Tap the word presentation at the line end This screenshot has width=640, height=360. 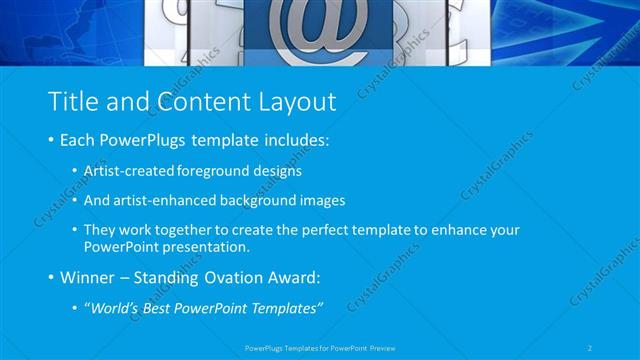coord(206,247)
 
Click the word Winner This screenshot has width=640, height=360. coord(89,277)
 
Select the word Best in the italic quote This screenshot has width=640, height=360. coord(163,308)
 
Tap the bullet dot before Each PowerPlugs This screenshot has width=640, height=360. coord(51,141)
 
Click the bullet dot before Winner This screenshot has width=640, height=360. coord(51,277)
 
